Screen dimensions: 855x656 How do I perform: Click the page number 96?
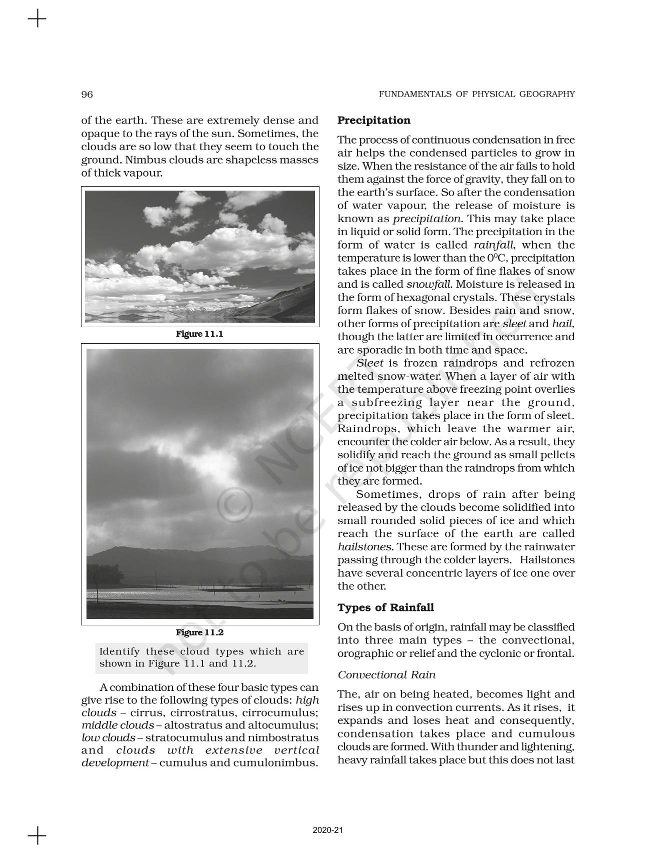coord(87,95)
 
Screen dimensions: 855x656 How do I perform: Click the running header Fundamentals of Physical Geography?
coord(476,94)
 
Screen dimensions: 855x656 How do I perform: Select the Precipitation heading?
coord(374,121)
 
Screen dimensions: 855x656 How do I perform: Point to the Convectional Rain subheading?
coord(386,675)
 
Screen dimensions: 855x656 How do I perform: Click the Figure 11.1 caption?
coord(199,334)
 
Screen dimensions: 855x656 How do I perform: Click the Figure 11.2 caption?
coord(199,632)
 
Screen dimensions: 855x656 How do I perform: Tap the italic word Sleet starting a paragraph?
coord(370,363)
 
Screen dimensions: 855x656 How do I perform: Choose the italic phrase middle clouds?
coord(117,725)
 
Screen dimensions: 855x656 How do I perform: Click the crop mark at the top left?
coord(37,20)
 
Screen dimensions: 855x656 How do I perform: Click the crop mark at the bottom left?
coord(37,835)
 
